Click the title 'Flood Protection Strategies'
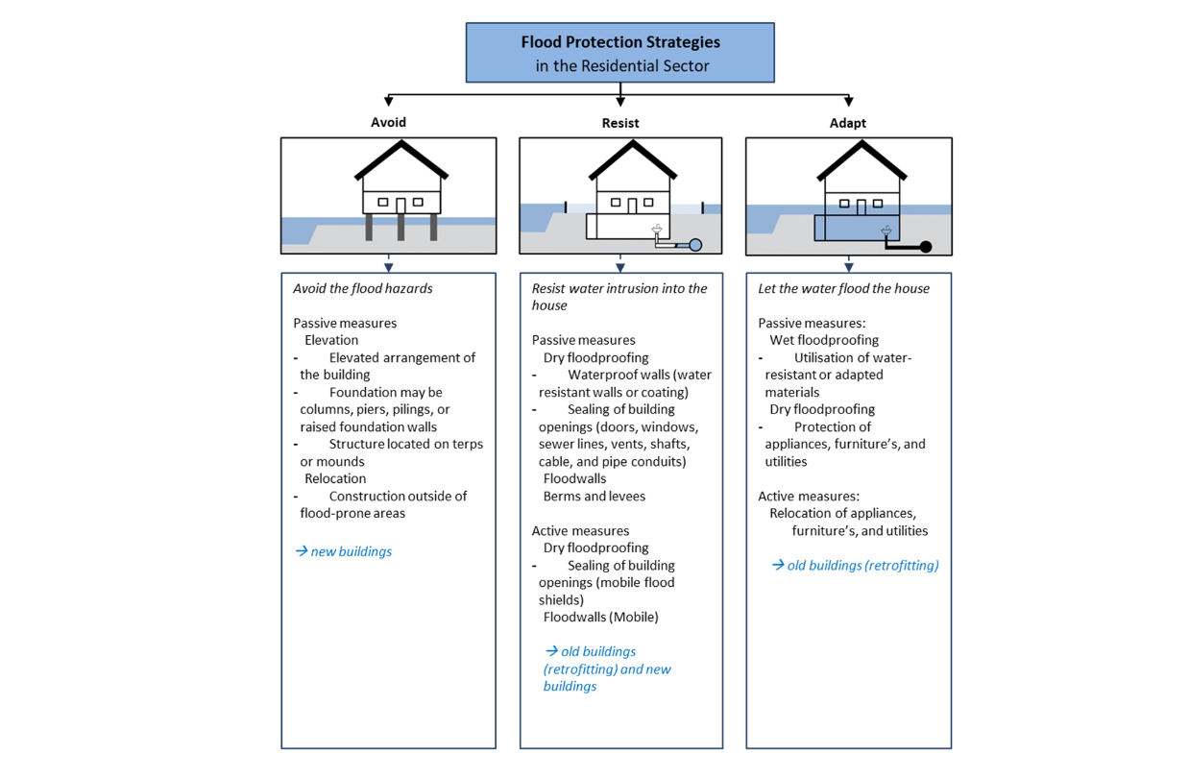619,42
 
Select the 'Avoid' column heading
389,122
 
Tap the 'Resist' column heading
620,123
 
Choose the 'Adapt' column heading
848,123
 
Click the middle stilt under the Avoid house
400,227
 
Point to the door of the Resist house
630,206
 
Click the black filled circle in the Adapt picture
926,247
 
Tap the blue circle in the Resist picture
695,245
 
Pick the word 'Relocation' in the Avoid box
335,478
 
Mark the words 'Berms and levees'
594,497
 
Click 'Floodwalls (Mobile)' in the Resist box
600,617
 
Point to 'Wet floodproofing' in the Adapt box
824,340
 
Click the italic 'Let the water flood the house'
843,288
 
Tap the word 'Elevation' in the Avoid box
331,340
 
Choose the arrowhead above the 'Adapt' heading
848,102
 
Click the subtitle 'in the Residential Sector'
621,66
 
